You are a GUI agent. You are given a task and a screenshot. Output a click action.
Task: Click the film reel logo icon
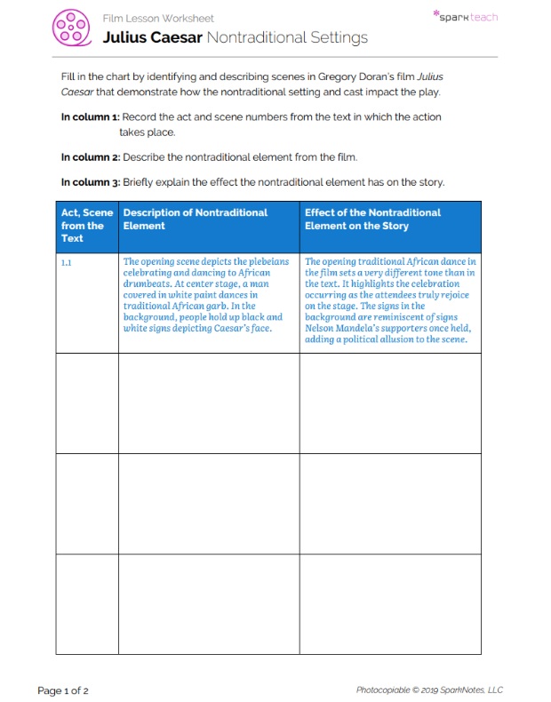click(71, 28)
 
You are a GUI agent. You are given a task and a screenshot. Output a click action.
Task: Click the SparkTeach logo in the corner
click(465, 16)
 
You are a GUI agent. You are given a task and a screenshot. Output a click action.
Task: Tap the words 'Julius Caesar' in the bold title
click(153, 37)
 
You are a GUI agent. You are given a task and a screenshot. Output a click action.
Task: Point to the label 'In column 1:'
click(90, 117)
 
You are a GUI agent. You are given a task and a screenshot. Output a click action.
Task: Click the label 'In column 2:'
click(90, 157)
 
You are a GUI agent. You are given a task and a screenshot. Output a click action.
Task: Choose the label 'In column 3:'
click(90, 182)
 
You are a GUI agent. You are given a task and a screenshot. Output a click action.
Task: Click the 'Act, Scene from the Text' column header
click(86, 226)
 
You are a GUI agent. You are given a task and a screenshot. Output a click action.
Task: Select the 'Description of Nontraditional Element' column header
click(195, 219)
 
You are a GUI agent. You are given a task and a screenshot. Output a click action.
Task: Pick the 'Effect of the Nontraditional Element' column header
click(372, 219)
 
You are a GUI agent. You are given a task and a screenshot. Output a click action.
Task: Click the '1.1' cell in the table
click(67, 263)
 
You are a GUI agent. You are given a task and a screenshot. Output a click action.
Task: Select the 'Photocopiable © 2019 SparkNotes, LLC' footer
click(429, 690)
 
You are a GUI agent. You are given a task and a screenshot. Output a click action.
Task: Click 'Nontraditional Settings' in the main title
click(287, 37)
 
